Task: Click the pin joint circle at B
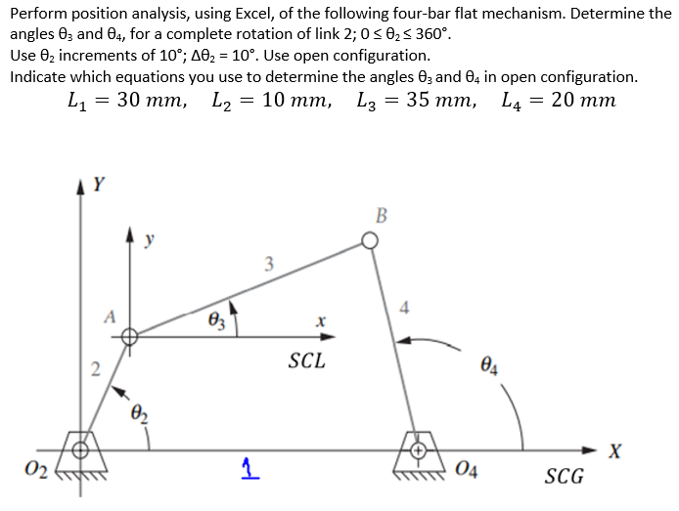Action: [x=370, y=240]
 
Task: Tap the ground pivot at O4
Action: [x=418, y=450]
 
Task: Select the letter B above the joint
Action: [x=381, y=214]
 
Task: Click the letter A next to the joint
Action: [x=111, y=316]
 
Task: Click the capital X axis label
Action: [x=613, y=450]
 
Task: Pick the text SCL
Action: [x=306, y=361]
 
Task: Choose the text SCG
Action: [x=564, y=476]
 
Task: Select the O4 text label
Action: [x=466, y=475]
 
